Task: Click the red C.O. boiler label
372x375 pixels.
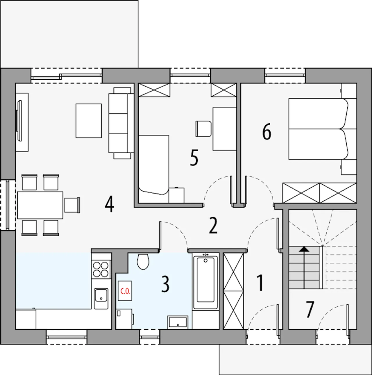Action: point(125,292)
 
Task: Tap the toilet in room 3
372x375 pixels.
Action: point(143,261)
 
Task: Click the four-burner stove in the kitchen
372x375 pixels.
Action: point(101,269)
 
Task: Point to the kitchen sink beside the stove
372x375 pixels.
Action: point(101,299)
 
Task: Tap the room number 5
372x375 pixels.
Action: point(194,158)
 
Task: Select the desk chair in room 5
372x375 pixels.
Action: point(203,128)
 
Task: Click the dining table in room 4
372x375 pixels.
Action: point(40,205)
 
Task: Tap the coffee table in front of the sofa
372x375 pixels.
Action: point(89,121)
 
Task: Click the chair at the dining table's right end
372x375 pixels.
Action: point(72,205)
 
